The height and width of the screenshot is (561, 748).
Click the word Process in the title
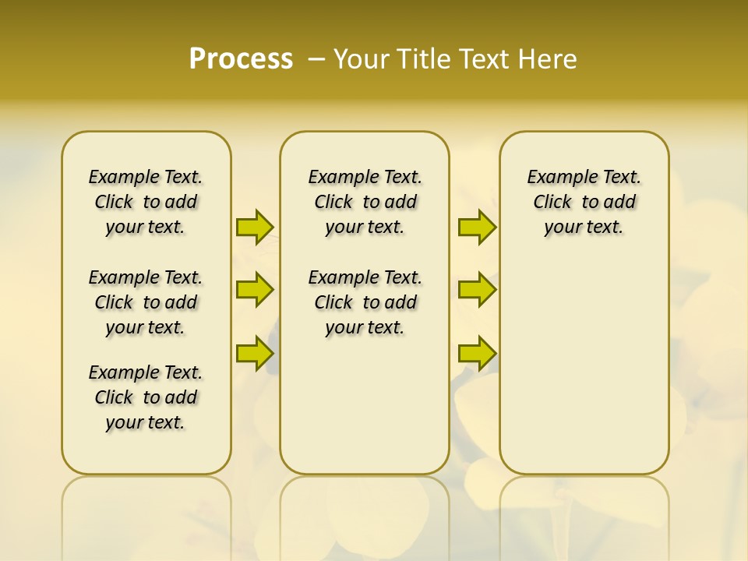point(241,59)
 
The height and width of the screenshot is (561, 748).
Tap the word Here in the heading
point(548,59)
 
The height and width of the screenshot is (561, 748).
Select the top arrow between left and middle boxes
point(255,227)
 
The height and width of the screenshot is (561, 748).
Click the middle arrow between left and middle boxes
point(255,290)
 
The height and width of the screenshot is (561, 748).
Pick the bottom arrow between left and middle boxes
point(255,353)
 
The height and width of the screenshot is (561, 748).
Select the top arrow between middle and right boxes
point(477,227)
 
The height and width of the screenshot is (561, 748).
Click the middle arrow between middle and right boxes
point(477,290)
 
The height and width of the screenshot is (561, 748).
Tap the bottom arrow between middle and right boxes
point(477,353)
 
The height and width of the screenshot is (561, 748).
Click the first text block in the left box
point(146,202)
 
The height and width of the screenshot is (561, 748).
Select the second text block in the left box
point(146,302)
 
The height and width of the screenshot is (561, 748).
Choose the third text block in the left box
point(146,397)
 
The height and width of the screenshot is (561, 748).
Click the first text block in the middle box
point(365,202)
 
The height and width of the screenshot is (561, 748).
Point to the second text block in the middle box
point(365,302)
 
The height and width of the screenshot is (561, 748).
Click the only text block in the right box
point(584,202)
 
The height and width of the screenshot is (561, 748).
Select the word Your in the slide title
point(361,59)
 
